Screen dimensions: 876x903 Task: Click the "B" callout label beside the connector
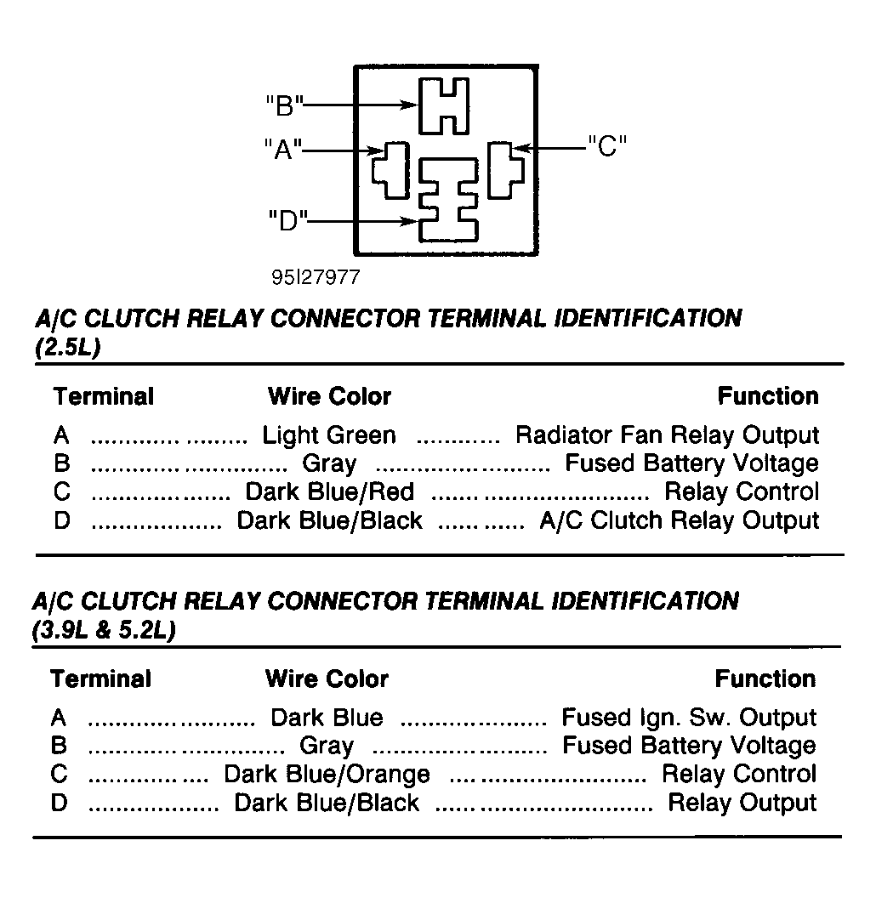285,106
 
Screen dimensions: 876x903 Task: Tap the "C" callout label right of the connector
607,146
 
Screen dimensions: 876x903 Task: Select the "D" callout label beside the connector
288,220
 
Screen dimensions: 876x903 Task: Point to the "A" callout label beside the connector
282,149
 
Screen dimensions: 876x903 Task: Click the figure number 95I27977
316,277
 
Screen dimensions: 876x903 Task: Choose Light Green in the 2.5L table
329,435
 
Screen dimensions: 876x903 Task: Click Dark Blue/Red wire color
329,491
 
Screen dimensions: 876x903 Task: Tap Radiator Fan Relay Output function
667,435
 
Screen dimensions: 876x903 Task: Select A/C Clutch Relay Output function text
679,520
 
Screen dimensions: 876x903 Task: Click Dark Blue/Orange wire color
327,775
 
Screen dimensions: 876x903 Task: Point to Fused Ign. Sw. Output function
689,718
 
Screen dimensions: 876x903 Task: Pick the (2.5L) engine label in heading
68,347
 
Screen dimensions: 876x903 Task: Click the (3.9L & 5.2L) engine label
105,630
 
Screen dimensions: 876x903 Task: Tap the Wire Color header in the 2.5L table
329,397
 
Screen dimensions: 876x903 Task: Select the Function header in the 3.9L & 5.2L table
765,679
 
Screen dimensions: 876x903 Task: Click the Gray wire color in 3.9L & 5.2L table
327,747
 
